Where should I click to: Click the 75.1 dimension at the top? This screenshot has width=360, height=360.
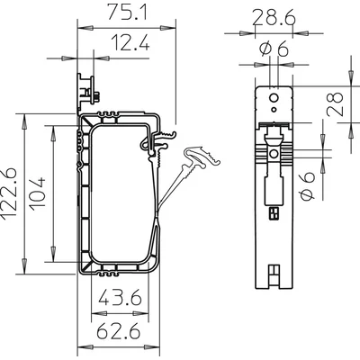pos(121,15)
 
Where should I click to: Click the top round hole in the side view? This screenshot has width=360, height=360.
pos(269,93)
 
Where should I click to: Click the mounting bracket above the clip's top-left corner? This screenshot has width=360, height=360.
pos(87,90)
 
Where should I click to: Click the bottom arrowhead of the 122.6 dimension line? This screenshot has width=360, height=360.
pos(22,272)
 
